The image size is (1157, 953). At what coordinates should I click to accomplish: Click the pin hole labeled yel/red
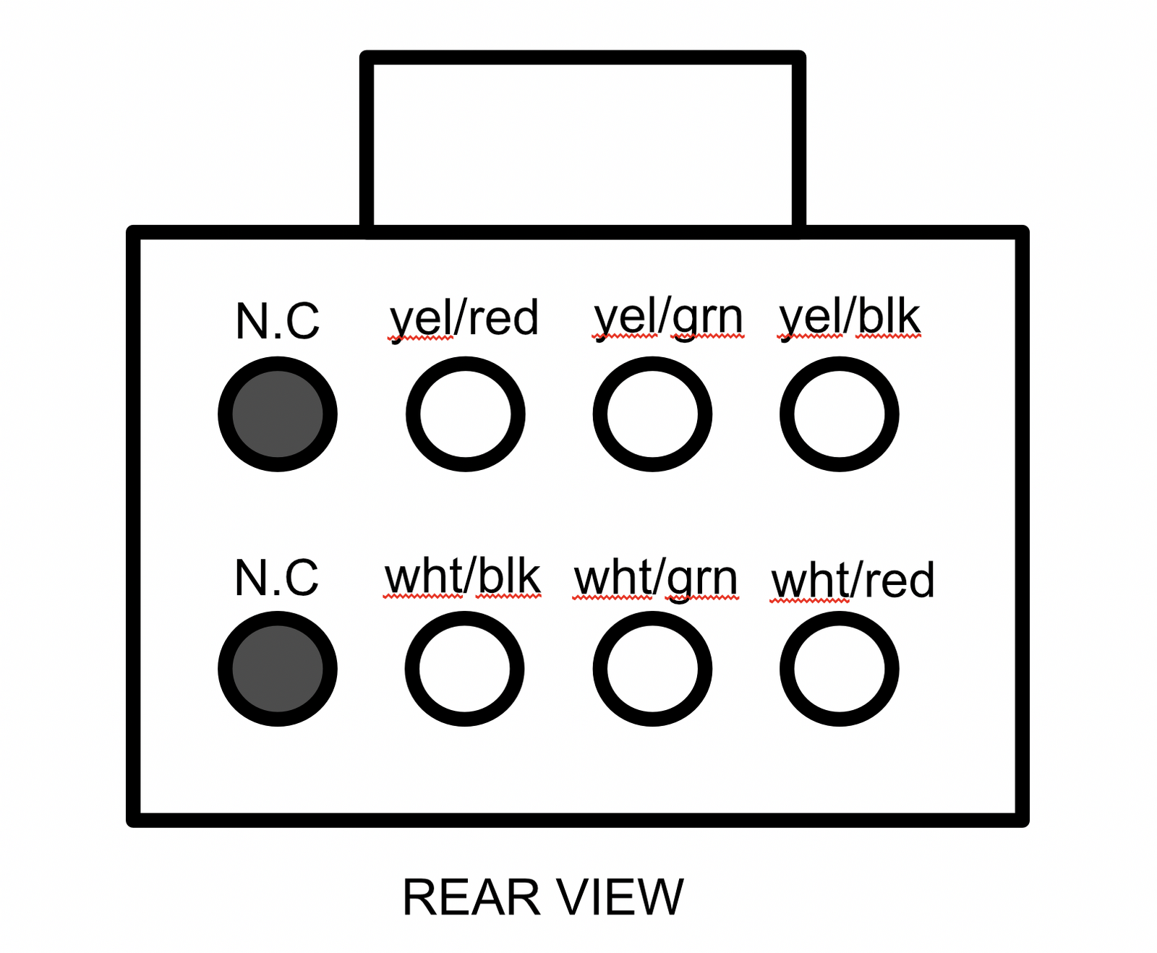tap(465, 414)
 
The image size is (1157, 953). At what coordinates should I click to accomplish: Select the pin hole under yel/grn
tap(652, 414)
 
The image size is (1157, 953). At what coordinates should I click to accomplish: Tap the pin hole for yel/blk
tap(839, 414)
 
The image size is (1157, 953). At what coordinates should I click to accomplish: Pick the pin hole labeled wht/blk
tap(464, 669)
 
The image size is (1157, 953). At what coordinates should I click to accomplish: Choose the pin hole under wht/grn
tap(652, 669)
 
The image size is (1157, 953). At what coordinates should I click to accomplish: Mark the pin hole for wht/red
tap(839, 669)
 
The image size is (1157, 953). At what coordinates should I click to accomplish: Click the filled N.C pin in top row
tap(278, 414)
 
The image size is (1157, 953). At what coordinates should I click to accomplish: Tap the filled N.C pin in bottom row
tap(278, 669)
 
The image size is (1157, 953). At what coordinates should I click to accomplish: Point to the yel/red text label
tap(464, 318)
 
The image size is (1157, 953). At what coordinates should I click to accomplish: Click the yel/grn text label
tap(668, 318)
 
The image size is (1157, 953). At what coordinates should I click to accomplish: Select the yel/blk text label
tap(849, 318)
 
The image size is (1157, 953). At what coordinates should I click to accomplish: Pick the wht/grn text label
tap(656, 580)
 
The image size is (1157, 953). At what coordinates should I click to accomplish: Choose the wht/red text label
tap(853, 580)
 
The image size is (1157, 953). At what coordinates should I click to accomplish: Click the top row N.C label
tap(278, 321)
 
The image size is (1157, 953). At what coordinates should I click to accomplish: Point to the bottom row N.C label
tap(277, 578)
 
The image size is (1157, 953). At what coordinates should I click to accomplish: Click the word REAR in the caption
tap(472, 897)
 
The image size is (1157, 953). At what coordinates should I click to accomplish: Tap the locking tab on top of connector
tap(583, 143)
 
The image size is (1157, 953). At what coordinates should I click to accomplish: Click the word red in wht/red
tap(900, 580)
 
